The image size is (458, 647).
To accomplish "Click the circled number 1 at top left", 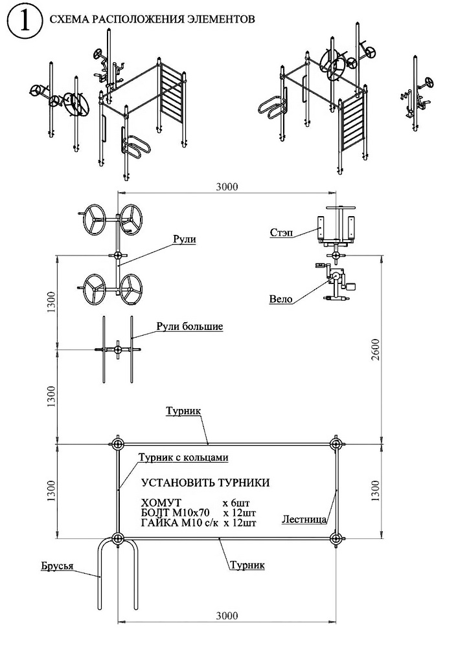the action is (x=25, y=23).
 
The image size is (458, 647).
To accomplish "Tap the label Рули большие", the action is (x=190, y=327).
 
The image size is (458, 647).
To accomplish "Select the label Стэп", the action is (x=282, y=233).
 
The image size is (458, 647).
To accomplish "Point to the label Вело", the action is (x=281, y=299).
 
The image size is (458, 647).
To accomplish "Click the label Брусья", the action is (x=57, y=565).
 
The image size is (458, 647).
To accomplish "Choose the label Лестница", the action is (x=304, y=519).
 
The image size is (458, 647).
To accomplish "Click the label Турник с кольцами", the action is (x=183, y=458).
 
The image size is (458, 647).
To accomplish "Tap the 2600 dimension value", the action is (x=375, y=349).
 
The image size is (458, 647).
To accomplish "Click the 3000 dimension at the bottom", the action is (x=227, y=616).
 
